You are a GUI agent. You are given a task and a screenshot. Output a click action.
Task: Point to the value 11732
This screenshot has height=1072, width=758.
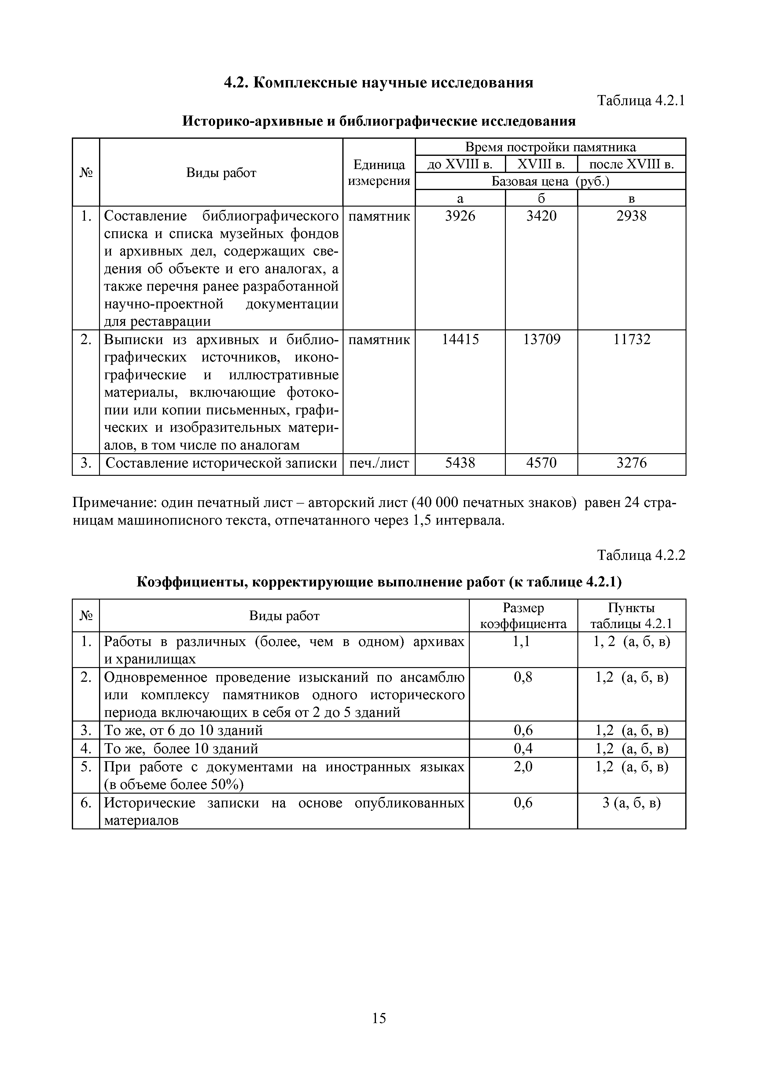tap(631, 340)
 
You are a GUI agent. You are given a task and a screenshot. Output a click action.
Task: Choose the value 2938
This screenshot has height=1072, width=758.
tap(631, 216)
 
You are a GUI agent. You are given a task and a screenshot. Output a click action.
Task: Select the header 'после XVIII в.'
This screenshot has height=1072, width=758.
tap(631, 164)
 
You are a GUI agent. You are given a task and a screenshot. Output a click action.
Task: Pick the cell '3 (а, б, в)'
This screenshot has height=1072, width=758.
tap(631, 803)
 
